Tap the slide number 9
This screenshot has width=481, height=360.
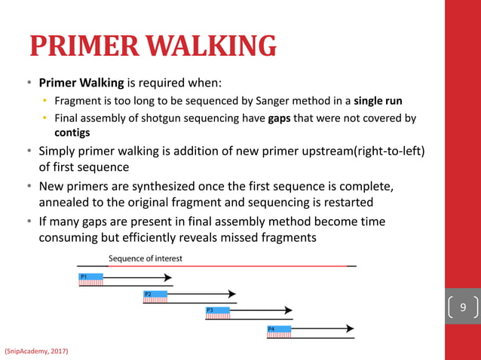(463, 307)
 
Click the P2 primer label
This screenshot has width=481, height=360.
(148, 294)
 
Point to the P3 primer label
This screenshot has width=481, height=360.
(210, 310)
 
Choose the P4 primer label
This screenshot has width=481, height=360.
(271, 328)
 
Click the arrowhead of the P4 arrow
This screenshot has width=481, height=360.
(349, 328)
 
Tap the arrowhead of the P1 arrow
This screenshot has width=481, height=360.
(168, 277)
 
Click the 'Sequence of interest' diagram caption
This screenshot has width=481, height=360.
(145, 258)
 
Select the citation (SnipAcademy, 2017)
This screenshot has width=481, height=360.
(36, 350)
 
